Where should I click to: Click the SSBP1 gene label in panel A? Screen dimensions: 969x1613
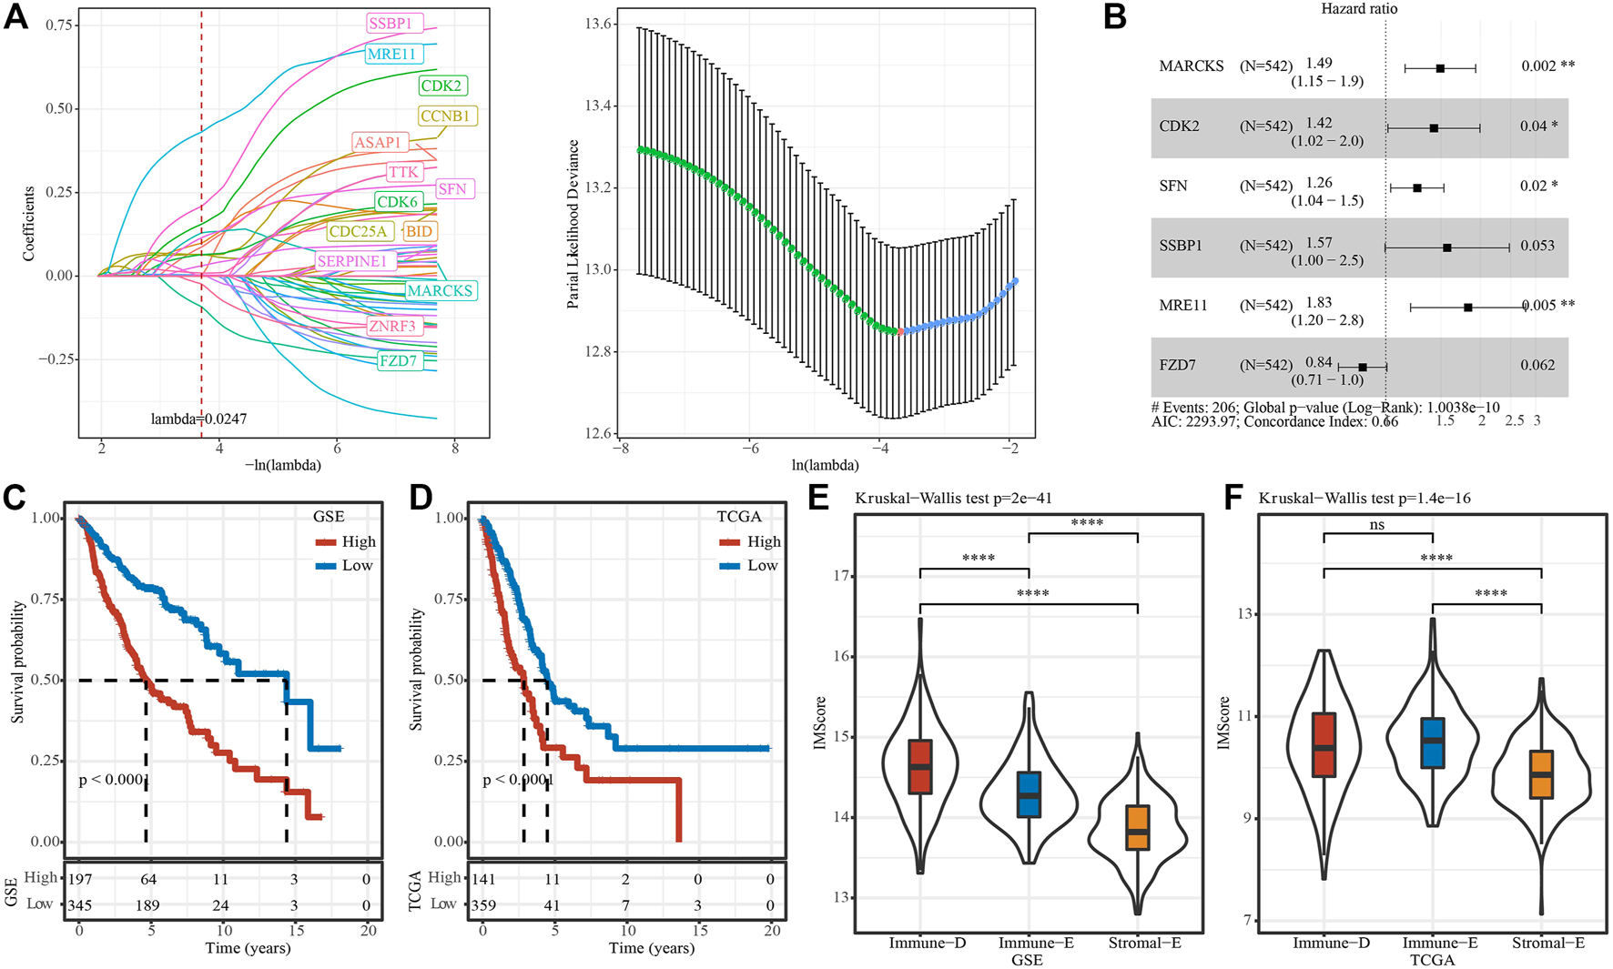(x=391, y=24)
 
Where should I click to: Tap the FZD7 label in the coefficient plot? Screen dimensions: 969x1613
(x=398, y=360)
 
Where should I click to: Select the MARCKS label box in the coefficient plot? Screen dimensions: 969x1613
(x=440, y=291)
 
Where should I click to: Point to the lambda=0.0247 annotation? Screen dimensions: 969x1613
(x=198, y=419)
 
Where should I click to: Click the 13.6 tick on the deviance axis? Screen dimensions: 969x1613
(x=598, y=25)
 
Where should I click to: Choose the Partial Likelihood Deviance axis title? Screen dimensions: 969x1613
(x=573, y=224)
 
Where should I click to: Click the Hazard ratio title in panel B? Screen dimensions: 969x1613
(x=1359, y=9)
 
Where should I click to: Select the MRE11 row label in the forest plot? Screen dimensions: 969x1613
(x=1183, y=306)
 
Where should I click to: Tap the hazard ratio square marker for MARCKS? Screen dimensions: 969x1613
(x=1440, y=68)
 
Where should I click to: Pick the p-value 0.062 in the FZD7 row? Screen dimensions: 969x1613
(x=1537, y=365)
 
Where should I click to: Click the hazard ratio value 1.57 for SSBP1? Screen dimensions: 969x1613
(x=1319, y=243)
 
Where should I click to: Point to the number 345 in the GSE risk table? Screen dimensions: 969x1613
(x=80, y=905)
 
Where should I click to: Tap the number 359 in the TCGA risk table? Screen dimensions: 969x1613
(x=483, y=905)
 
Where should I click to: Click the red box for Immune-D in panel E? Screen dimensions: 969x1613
(x=920, y=766)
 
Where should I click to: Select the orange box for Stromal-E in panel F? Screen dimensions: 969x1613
(x=1541, y=774)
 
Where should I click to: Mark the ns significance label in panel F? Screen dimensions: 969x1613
(x=1377, y=525)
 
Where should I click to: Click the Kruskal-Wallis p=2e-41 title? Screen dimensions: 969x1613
(x=953, y=498)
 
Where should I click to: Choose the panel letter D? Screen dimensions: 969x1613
(x=421, y=498)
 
